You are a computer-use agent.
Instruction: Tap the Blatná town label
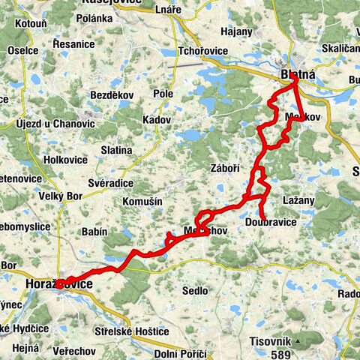[297, 75]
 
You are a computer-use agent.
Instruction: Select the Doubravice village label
[270, 223]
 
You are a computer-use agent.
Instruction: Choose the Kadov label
[156, 120]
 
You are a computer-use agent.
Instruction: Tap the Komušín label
[139, 202]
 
